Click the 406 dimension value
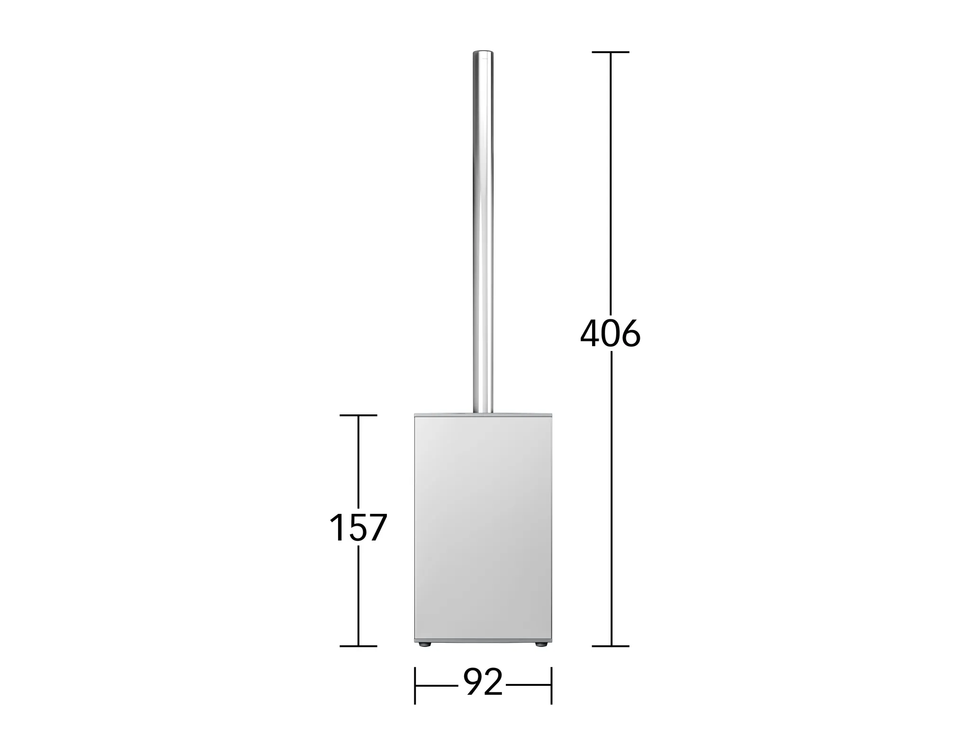(x=610, y=334)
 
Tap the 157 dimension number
(x=358, y=528)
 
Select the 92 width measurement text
(x=483, y=683)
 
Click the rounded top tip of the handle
(x=483, y=51)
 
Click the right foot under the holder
(x=540, y=644)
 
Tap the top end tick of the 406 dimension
(x=611, y=52)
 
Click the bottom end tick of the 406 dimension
(x=611, y=646)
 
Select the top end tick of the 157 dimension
(x=358, y=415)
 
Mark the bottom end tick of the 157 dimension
(x=358, y=646)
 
